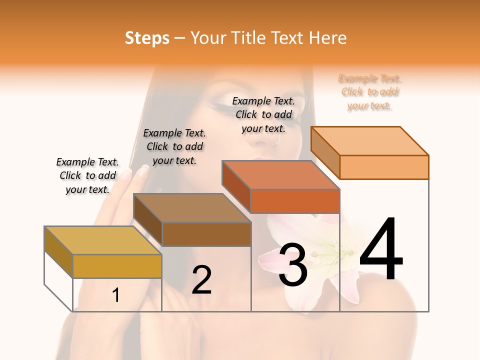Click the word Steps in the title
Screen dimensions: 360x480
pos(146,38)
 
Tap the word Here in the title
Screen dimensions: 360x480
pos(327,38)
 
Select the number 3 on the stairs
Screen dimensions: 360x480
pos(293,264)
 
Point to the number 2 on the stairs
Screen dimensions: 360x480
pos(201,280)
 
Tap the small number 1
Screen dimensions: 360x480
pos(116,295)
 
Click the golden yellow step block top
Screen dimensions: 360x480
pos(102,240)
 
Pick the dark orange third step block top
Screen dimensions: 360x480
pos(280,175)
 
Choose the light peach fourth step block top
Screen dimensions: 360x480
pos(369,141)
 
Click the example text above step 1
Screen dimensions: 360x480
pos(87,175)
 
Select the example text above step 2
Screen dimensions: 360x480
pos(174,146)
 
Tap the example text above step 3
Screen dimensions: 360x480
pos(263,114)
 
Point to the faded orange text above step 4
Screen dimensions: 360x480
pos(369,92)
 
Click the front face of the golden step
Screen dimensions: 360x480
pos(117,266)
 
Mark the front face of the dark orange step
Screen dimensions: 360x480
pos(295,201)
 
